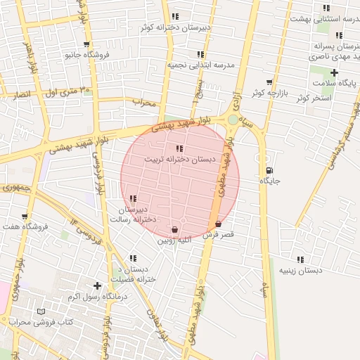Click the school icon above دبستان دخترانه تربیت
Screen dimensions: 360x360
[179, 148]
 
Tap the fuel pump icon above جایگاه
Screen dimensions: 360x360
[271, 171]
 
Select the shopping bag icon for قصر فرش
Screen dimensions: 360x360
[219, 224]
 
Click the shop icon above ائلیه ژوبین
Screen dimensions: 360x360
[174, 229]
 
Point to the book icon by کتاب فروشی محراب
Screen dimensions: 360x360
[41, 311]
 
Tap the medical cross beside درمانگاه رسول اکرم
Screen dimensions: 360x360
[97, 285]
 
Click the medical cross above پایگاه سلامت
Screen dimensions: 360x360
[334, 72]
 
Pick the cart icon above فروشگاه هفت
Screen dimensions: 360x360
[25, 216]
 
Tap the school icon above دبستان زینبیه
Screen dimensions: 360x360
[300, 259]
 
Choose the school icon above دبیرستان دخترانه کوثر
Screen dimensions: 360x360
[175, 16]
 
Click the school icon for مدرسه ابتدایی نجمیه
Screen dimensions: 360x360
[200, 53]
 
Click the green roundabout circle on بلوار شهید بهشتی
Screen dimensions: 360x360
[233, 120]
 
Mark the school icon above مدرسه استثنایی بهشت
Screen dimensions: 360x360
[326, 8]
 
